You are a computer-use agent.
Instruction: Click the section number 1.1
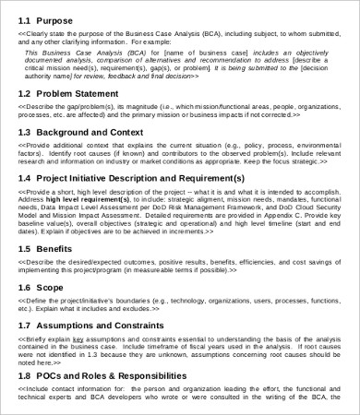click(x=25, y=19)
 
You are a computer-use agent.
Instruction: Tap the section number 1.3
click(x=25, y=132)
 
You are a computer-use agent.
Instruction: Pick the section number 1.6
click(x=25, y=288)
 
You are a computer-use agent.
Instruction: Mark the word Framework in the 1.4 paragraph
click(x=224, y=207)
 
